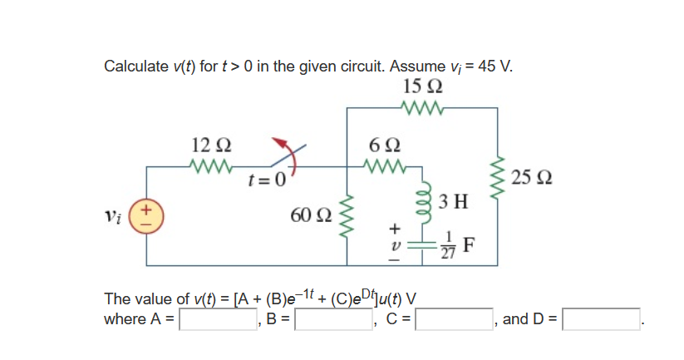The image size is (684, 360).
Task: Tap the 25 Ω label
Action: (x=530, y=177)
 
